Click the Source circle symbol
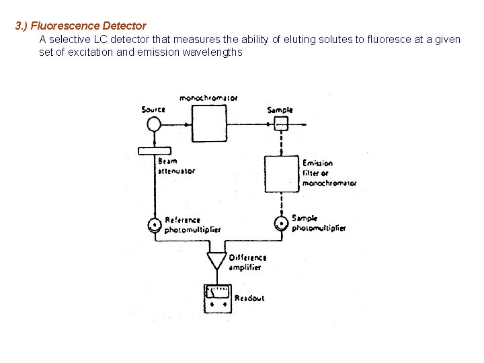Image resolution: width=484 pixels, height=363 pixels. tap(154, 124)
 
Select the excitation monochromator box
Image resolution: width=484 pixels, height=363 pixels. tap(212, 124)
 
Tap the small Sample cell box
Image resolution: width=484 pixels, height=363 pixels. tap(281, 124)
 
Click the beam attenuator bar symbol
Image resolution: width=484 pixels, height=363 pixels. tap(155, 151)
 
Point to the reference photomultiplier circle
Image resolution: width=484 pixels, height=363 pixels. tap(155, 225)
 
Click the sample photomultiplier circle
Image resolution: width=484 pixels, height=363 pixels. tap(281, 223)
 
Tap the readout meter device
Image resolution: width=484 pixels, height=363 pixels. tap(218, 298)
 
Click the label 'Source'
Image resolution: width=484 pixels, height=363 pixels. tap(153, 110)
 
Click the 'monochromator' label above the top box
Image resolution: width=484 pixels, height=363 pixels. tap(208, 98)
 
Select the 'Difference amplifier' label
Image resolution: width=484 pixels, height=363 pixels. tap(247, 262)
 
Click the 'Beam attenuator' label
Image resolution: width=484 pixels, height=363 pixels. tap(176, 166)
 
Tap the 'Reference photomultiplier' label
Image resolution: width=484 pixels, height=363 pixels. tap(192, 225)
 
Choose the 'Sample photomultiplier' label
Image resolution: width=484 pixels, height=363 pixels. tap(318, 223)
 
